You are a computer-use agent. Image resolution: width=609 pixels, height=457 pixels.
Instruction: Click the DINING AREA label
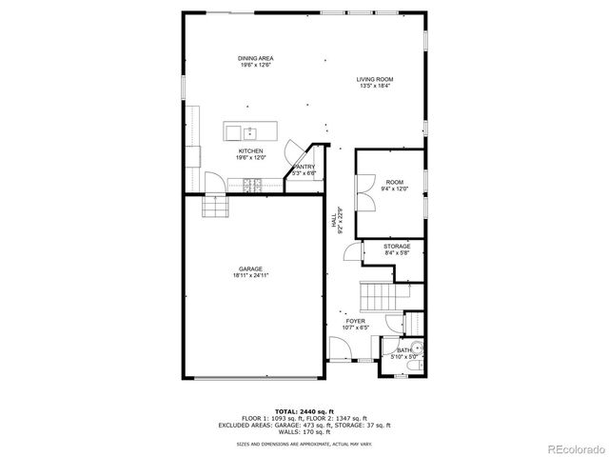click(255, 58)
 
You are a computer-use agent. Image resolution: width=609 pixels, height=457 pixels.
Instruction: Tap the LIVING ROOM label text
click(376, 79)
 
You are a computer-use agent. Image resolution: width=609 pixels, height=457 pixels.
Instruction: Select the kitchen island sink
click(248, 131)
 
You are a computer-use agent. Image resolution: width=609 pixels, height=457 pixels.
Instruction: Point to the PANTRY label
click(304, 167)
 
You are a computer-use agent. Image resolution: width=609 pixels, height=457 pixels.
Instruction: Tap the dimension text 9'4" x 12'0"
click(395, 189)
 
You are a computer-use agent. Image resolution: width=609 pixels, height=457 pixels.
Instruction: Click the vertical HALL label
click(334, 220)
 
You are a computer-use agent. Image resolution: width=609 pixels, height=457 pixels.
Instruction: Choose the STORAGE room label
click(397, 246)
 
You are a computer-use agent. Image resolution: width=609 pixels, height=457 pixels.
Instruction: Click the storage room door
click(350, 251)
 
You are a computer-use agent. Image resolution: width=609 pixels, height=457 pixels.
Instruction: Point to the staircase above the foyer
click(377, 296)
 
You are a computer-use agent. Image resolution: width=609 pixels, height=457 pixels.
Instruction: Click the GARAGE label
click(251, 268)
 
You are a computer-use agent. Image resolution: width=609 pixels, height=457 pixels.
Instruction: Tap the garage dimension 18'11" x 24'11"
click(251, 276)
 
